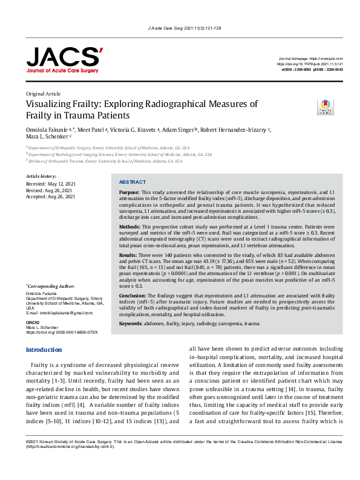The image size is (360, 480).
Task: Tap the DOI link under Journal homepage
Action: point(310,63)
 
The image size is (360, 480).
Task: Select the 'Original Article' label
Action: point(44,94)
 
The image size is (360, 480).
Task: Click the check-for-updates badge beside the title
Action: point(326,107)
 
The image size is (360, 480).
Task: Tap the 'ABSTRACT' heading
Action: point(133,181)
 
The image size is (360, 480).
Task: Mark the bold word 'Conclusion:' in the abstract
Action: point(134,296)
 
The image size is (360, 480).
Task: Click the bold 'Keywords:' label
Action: point(134,324)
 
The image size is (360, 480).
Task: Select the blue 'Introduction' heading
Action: point(44,350)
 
